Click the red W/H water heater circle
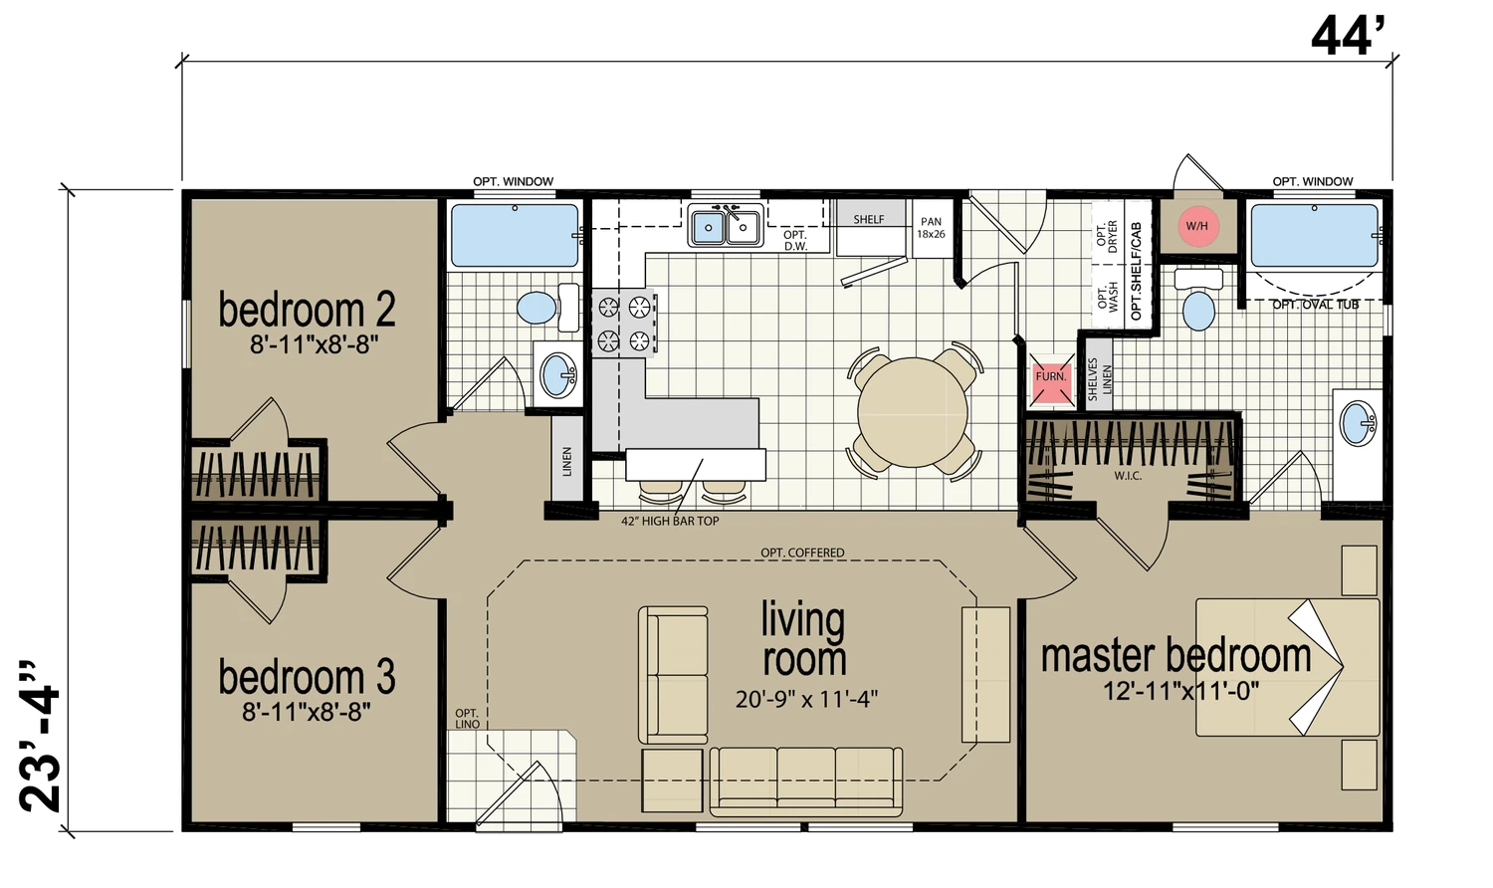[x=1197, y=226]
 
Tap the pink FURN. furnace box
[x=1051, y=376]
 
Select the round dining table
[x=913, y=413]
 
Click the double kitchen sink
[x=726, y=226]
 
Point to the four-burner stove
[x=624, y=324]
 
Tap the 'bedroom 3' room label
[x=308, y=676]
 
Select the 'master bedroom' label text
[x=1176, y=655]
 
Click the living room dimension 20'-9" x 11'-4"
[x=806, y=699]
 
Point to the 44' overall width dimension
[x=1348, y=37]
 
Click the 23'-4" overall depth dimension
[x=41, y=737]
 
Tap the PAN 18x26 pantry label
[x=931, y=227]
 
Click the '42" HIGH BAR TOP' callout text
[x=670, y=522]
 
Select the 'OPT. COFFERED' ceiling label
[x=802, y=553]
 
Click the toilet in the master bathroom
[x=1199, y=299]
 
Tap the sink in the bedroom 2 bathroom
[x=558, y=374]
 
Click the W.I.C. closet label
[x=1128, y=476]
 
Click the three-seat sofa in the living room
[x=806, y=782]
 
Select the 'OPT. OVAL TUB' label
[x=1316, y=305]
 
